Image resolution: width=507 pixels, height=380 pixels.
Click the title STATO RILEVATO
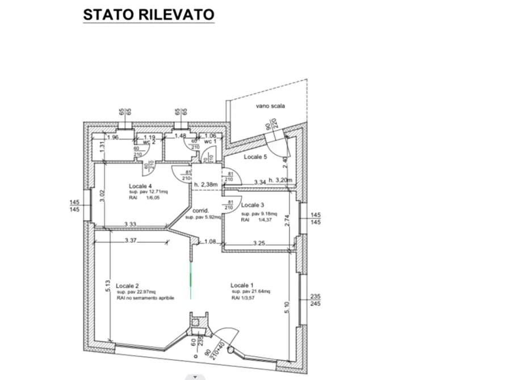[x=149, y=15]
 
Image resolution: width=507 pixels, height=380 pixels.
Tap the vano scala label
[x=270, y=106]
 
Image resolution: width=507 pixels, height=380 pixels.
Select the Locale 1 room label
[x=242, y=285]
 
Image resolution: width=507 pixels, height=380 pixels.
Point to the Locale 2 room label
[x=127, y=285]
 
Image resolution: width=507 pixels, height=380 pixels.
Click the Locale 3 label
[x=253, y=205]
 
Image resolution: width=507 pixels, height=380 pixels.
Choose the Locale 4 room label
[x=140, y=186]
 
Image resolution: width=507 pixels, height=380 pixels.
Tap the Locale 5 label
[x=255, y=157]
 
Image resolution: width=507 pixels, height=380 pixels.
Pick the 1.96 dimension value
[x=112, y=137]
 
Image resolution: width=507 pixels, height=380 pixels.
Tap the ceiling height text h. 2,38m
[x=206, y=184]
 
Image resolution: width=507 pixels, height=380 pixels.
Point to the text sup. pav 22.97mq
[x=137, y=292]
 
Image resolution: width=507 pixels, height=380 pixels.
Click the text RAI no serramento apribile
[x=145, y=298]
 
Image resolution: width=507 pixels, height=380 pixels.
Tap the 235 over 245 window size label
[x=316, y=299]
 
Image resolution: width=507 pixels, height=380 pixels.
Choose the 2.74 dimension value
[x=287, y=221]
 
